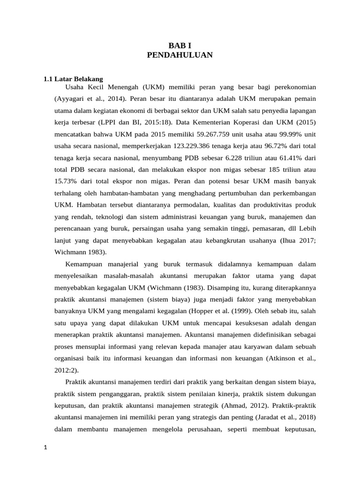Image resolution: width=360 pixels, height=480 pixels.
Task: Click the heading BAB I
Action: (x=180, y=45)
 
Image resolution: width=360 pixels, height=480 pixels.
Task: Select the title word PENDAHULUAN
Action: (x=180, y=55)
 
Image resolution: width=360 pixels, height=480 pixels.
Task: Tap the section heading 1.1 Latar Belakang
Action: (x=73, y=79)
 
